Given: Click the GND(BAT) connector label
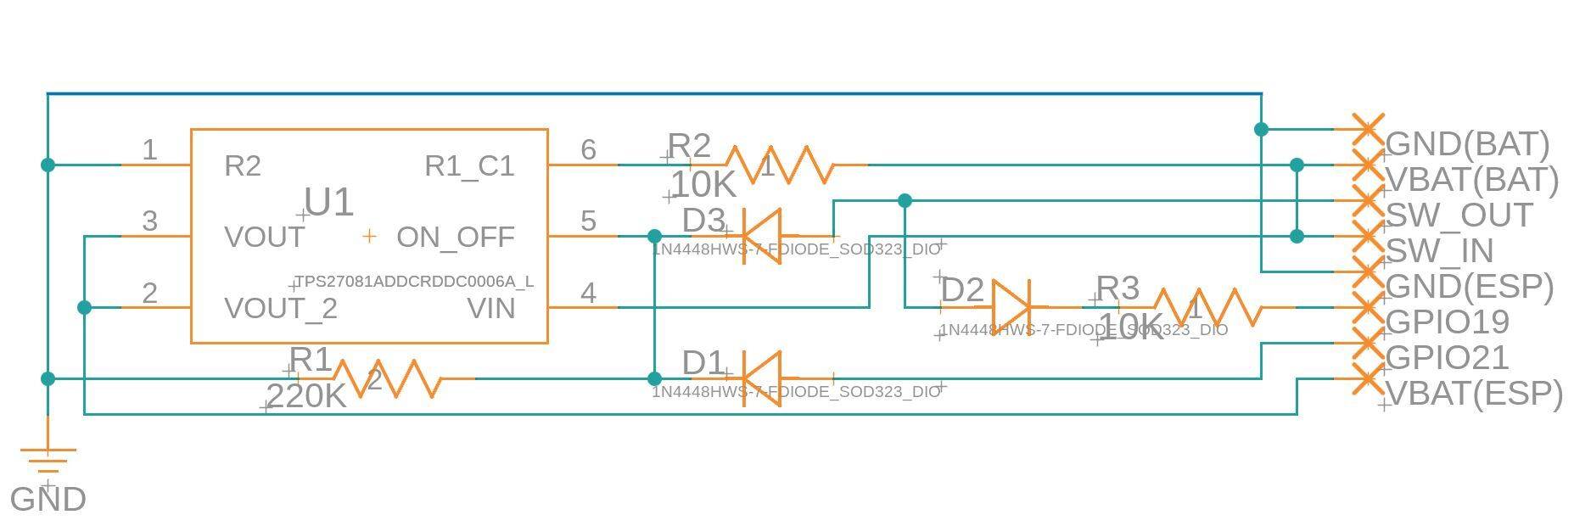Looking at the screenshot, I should (1466, 144).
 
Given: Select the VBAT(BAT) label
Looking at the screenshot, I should (1471, 180).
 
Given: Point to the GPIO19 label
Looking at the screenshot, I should (1447, 322).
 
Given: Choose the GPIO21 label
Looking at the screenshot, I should (1447, 358).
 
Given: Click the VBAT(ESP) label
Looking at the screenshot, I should (1473, 394).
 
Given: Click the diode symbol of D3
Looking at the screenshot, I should (762, 236).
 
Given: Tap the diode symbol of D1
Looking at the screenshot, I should (762, 378).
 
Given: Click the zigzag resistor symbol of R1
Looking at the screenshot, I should (388, 378).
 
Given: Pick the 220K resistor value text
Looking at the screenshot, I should (305, 396).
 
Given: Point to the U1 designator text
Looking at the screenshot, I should (328, 203).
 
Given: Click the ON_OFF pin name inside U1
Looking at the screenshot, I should (455, 237).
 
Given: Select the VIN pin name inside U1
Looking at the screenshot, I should (491, 309).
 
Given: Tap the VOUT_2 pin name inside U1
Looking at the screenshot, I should (281, 309).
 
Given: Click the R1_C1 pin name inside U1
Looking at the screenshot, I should (469, 166).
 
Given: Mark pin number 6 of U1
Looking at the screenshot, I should (588, 149).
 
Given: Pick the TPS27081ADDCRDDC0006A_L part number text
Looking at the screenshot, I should (414, 282).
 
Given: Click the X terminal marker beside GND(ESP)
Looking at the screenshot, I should (1366, 272).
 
